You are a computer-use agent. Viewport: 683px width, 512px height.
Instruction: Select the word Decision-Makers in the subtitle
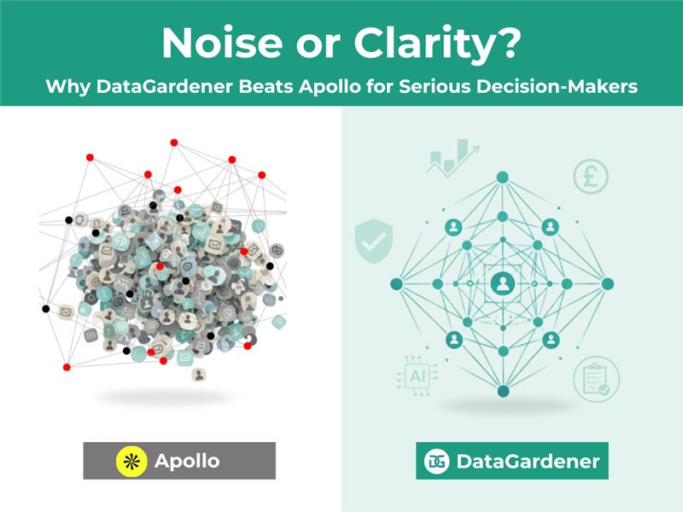coord(556,87)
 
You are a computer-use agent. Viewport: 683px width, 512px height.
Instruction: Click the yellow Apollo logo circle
coord(131,461)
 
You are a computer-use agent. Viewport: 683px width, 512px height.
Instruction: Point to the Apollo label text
coord(187,461)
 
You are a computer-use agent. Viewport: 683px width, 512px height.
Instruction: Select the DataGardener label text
coord(528,462)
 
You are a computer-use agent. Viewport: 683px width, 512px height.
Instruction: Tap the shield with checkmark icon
coord(372,240)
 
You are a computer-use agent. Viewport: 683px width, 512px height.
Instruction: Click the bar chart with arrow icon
coord(452,157)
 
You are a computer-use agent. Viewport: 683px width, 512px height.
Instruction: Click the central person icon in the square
coord(502,283)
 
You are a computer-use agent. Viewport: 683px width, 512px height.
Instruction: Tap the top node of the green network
coord(502,177)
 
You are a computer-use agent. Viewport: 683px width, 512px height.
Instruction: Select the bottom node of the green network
coord(502,391)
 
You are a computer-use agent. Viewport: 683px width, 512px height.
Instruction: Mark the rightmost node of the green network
coord(608,283)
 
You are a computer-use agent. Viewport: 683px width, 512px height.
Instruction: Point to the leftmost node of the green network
coord(397,283)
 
